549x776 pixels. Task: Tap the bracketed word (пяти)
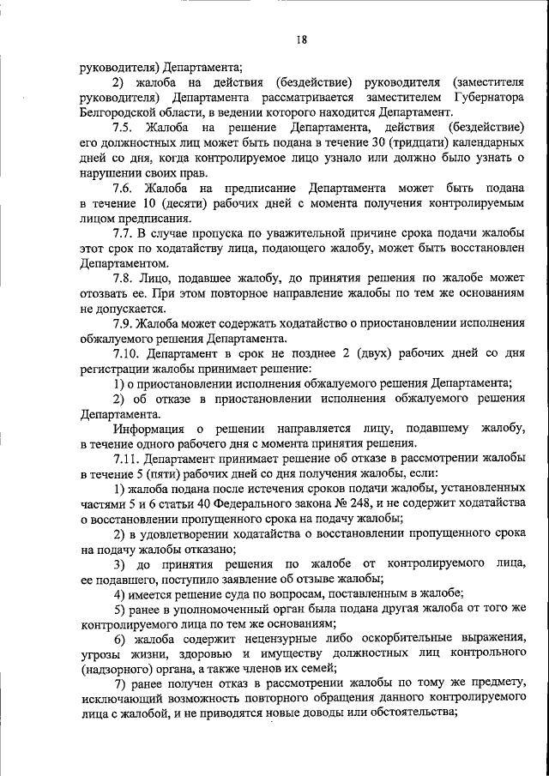click(x=166, y=474)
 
